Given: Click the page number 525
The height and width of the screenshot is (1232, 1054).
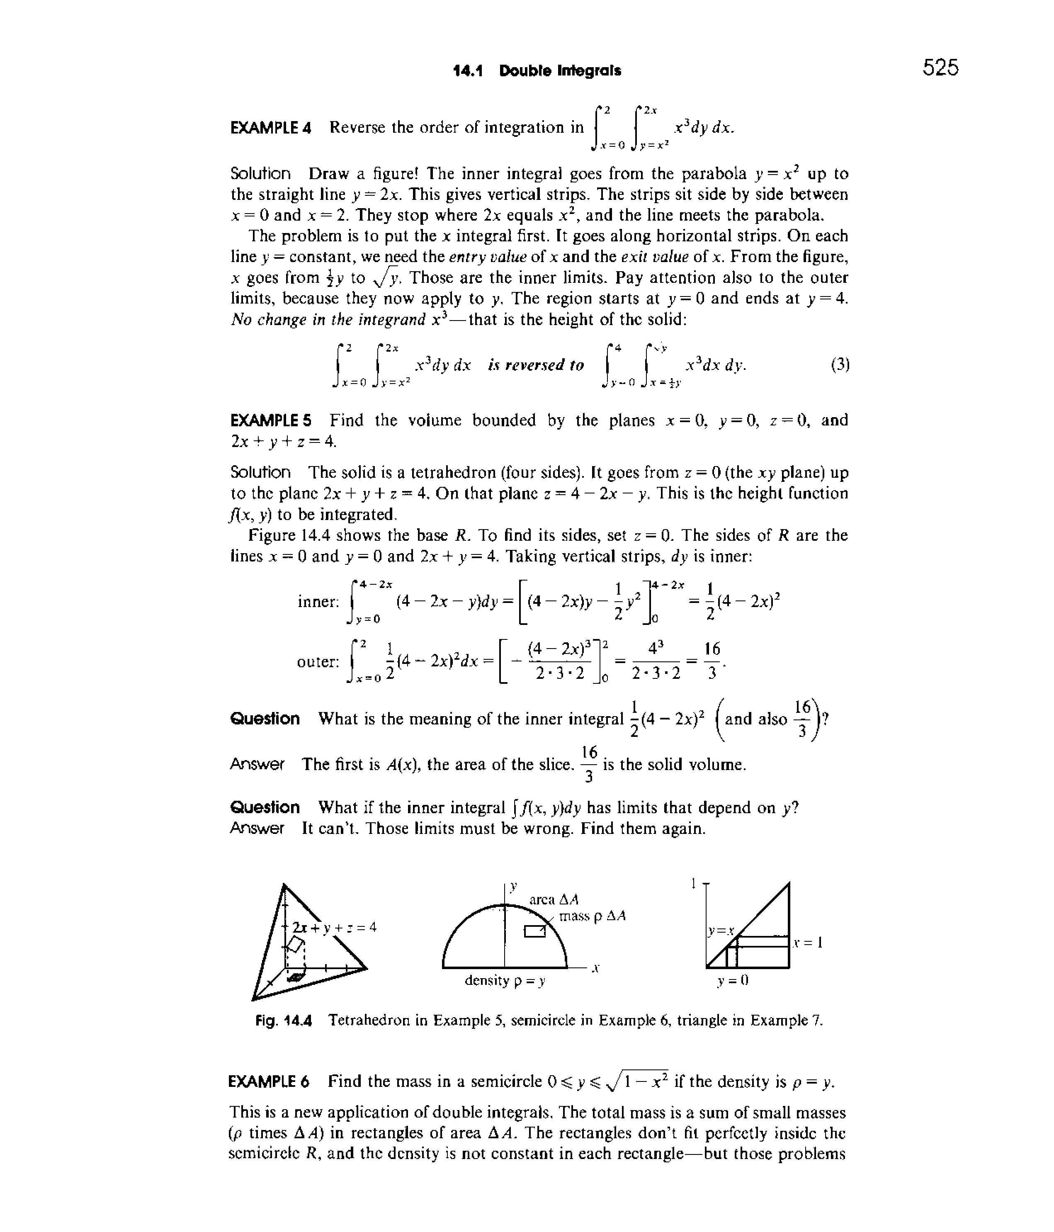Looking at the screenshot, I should pyautogui.click(x=940, y=68).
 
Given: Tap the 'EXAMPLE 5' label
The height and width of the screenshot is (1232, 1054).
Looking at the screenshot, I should pyautogui.click(x=270, y=420).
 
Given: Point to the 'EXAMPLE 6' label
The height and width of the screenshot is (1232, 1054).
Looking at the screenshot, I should pyautogui.click(x=269, y=1081).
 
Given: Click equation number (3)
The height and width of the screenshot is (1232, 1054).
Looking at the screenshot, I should pyautogui.click(x=839, y=364).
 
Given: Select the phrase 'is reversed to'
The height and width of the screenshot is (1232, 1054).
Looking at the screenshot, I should pyautogui.click(x=536, y=365).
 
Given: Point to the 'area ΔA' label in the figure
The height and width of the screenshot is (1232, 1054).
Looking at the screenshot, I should pyautogui.click(x=554, y=899).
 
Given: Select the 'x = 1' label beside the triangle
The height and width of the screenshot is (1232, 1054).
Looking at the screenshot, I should pyautogui.click(x=808, y=943).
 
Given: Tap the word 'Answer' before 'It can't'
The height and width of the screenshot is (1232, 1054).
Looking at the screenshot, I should pyautogui.click(x=257, y=828).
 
